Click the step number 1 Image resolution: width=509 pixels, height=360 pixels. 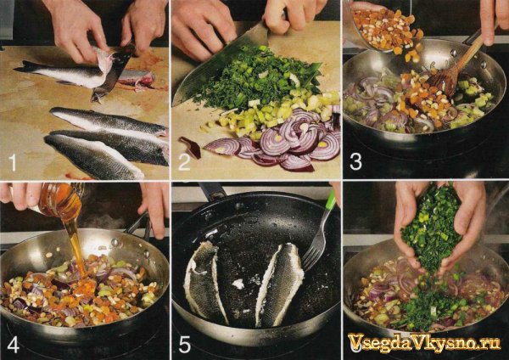[13, 163]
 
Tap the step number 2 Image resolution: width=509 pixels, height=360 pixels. [184, 163]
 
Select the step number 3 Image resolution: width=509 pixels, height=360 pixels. [355, 162]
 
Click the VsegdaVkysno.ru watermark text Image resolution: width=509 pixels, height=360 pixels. [423, 343]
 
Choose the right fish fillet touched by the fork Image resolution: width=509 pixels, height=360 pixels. [279, 283]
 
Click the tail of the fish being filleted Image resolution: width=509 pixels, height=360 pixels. [26, 66]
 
